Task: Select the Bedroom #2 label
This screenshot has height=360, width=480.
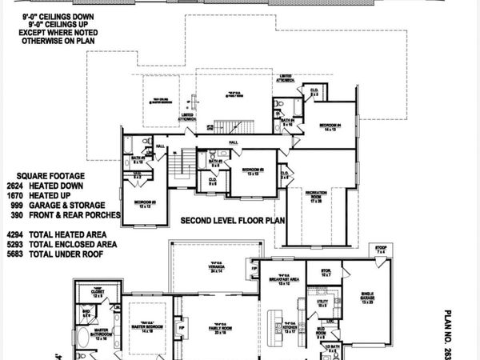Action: [x=252, y=171]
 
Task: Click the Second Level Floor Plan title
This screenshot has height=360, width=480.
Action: [x=232, y=219]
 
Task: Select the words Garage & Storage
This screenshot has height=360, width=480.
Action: [x=86, y=204]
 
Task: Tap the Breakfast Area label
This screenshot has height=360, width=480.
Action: [x=282, y=282]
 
